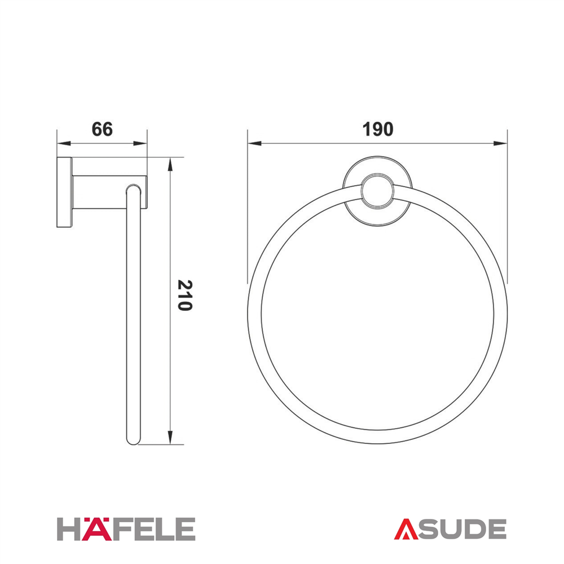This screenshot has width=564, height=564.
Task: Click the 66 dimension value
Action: click(x=102, y=129)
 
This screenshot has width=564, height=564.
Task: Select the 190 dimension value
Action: click(x=378, y=129)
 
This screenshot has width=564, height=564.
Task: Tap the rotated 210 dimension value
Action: click(x=185, y=296)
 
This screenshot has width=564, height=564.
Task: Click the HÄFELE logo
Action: click(x=126, y=529)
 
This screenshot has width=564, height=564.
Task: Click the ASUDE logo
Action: click(x=450, y=529)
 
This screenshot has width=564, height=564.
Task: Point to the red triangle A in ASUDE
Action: click(x=406, y=529)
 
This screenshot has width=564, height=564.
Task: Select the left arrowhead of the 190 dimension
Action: click(x=254, y=143)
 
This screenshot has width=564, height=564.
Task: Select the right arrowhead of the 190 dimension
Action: click(x=501, y=143)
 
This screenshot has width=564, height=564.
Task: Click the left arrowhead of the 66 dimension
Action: click(x=63, y=143)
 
